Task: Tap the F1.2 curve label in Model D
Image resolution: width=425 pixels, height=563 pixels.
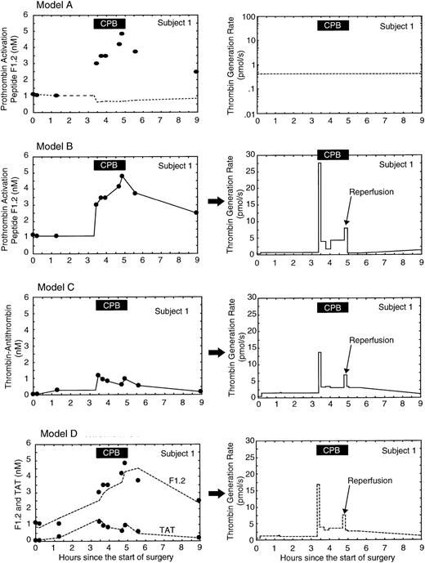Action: pyautogui.click(x=168, y=481)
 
